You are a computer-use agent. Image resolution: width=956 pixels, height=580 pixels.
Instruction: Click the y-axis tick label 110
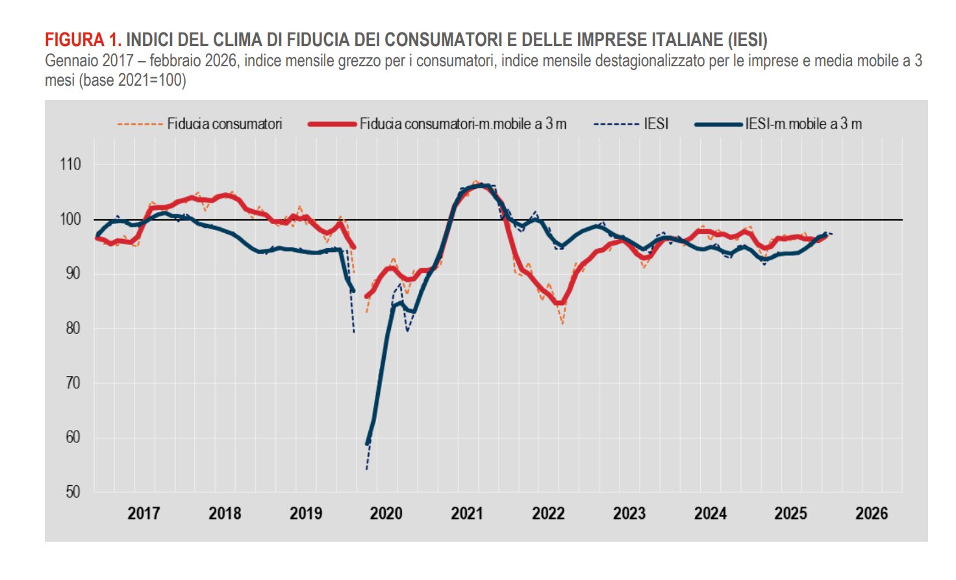[70, 164]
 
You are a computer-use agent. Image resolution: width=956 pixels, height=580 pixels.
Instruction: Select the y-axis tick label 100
[70, 219]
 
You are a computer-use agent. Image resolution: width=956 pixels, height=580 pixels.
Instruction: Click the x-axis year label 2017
[144, 514]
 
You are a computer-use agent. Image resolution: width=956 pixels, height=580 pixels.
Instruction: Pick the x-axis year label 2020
[386, 514]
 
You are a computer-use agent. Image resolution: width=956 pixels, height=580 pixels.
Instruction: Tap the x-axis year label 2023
[629, 514]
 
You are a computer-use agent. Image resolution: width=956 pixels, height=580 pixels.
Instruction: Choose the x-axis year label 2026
[872, 514]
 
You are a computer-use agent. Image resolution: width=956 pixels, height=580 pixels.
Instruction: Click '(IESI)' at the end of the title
[747, 40]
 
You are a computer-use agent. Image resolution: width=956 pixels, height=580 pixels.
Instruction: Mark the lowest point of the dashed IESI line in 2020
[367, 469]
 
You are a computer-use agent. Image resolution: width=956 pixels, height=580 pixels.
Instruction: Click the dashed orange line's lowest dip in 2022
[562, 323]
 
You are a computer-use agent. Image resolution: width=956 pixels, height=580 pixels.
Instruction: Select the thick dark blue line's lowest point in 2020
[368, 444]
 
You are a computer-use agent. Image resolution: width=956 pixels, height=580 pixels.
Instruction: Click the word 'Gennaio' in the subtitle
[71, 61]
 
